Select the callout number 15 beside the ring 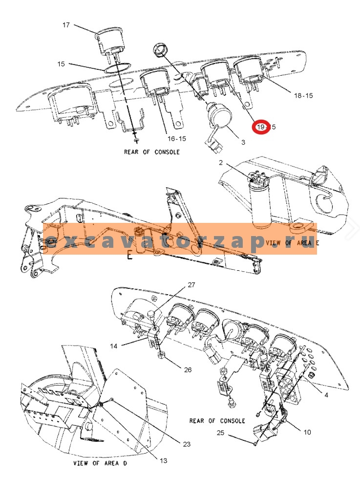(x=61, y=64)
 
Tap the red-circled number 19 (x=262, y=127)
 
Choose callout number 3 (x=243, y=142)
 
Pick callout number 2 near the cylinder (x=220, y=163)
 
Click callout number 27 (x=191, y=285)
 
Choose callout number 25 (x=220, y=433)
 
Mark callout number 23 (x=187, y=444)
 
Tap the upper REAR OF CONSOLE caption (x=151, y=152)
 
